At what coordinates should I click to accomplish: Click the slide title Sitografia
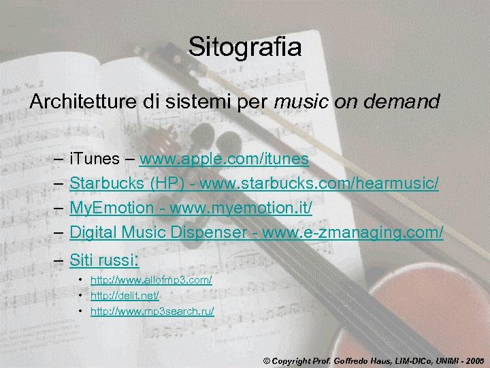(x=245, y=47)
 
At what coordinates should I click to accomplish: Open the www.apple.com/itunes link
(x=224, y=159)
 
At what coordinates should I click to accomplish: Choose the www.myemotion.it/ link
(x=241, y=208)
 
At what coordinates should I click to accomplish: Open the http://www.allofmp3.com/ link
(x=151, y=280)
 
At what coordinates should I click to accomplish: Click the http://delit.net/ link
(x=125, y=296)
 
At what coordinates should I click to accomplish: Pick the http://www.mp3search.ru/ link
(x=152, y=311)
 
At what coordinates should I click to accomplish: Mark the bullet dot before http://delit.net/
(x=80, y=296)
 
